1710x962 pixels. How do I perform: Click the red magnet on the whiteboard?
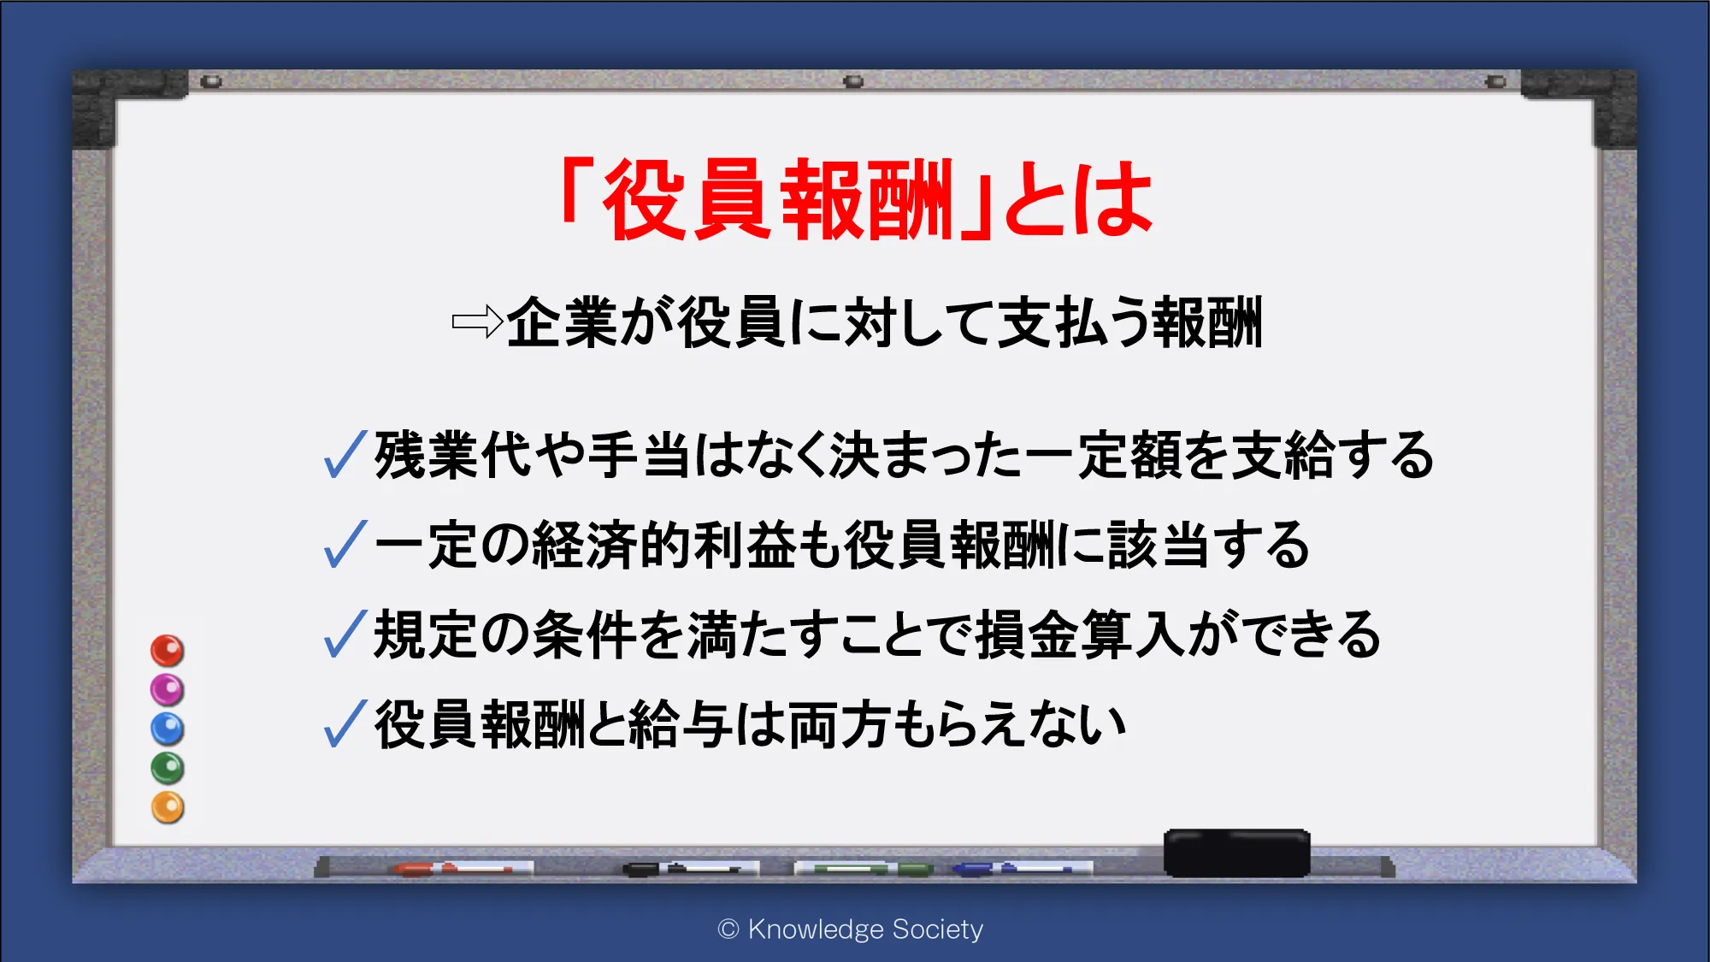coord(168,651)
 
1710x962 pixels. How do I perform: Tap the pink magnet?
coord(168,690)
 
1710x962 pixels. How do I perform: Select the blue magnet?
coord(168,729)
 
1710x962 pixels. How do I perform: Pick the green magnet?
coord(168,768)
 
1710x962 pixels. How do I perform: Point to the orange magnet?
coord(168,807)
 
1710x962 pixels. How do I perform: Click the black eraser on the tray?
coord(1236,853)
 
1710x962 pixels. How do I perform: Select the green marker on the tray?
coord(864,869)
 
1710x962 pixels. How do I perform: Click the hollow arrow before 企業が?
coord(477,322)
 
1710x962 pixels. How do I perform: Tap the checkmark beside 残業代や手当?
coord(345,454)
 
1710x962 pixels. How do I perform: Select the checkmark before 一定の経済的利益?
coord(345,545)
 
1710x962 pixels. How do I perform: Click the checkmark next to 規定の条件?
coord(345,634)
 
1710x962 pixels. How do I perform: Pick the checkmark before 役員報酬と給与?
coord(345,723)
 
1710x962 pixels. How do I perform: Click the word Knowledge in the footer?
coord(816,930)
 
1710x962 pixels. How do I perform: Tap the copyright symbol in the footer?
coord(728,930)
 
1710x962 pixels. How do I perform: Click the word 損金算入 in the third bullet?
coord(1081,634)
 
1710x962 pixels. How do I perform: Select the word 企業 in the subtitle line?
coord(562,322)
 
